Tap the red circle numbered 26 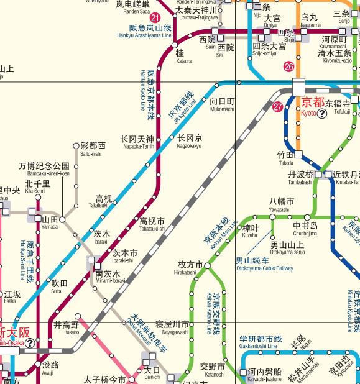pyautogui.click(x=289, y=66)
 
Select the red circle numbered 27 pyautogui.click(x=277, y=106)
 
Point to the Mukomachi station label pyautogui.click(x=222, y=104)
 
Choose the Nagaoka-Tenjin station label pyautogui.click(x=137, y=142)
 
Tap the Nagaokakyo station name pyautogui.click(x=189, y=142)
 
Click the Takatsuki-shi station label pyautogui.click(x=152, y=224)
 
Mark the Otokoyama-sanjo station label pyautogui.click(x=287, y=249)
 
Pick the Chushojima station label pyautogui.click(x=305, y=229)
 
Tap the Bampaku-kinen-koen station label pyautogui.click(x=44, y=170)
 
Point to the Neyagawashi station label pyautogui.click(x=172, y=328)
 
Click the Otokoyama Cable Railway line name pyautogui.click(x=264, y=264)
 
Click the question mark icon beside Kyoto pyautogui.click(x=322, y=114)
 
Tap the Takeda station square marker pyautogui.click(x=298, y=153)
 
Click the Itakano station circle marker pyautogui.click(x=78, y=317)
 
